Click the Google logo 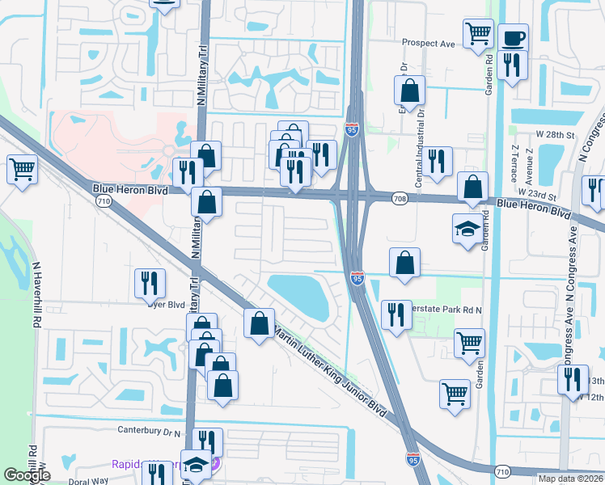tap(27, 475)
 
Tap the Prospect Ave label tap(429, 43)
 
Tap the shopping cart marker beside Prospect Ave tap(478, 34)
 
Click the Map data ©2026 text tap(570, 479)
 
